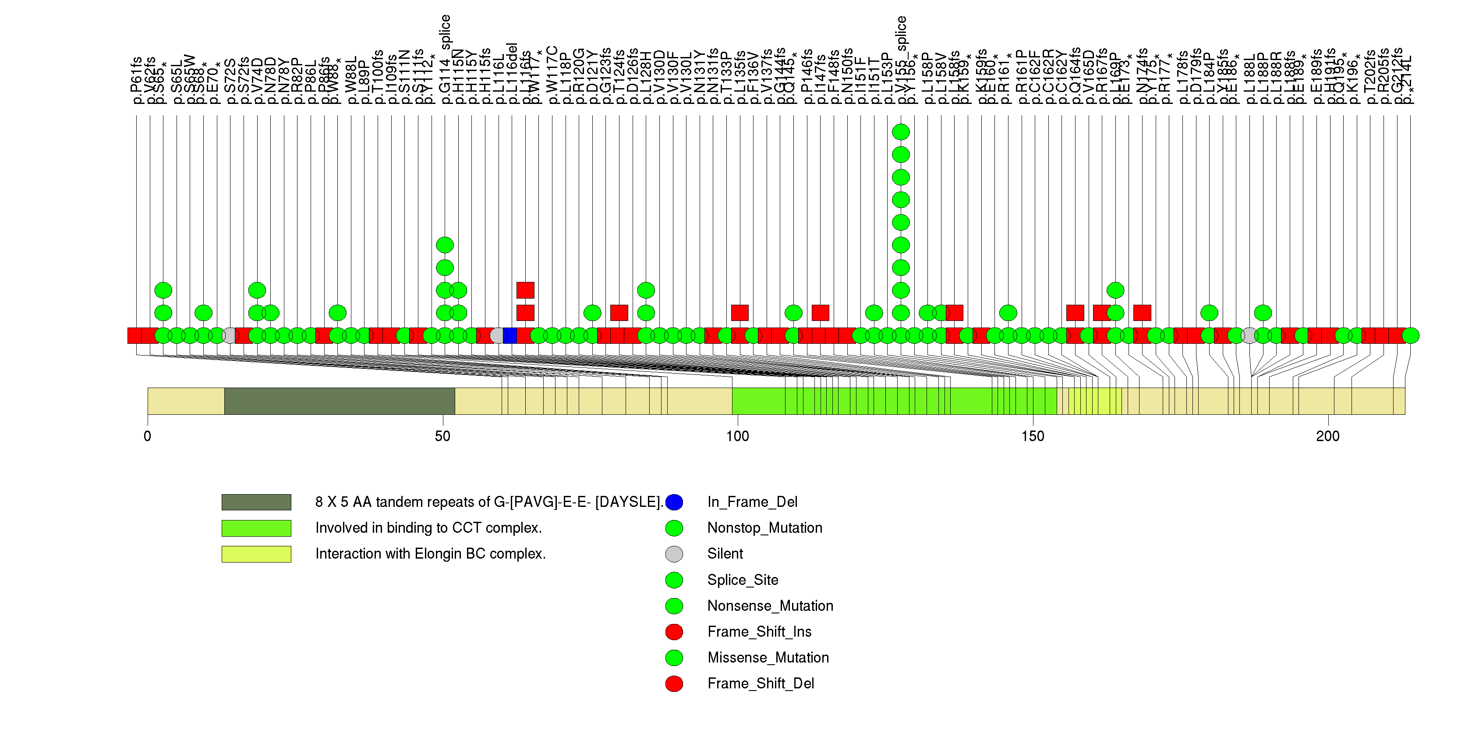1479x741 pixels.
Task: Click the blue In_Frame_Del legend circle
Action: click(674, 502)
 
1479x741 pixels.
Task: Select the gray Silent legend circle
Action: click(674, 554)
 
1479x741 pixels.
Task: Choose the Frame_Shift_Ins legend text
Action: click(759, 632)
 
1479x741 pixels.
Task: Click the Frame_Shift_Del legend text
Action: click(761, 684)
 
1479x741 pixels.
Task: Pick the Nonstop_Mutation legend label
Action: click(765, 528)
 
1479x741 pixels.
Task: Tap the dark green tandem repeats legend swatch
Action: click(256, 502)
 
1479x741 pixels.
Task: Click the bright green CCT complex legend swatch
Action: click(256, 528)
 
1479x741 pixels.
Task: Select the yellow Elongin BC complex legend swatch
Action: click(256, 554)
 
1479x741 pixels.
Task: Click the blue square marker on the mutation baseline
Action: click(510, 335)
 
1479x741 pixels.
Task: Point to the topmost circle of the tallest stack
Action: click(901, 132)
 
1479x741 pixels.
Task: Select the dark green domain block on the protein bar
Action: click(340, 401)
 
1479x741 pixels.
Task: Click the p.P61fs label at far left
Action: click(137, 80)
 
